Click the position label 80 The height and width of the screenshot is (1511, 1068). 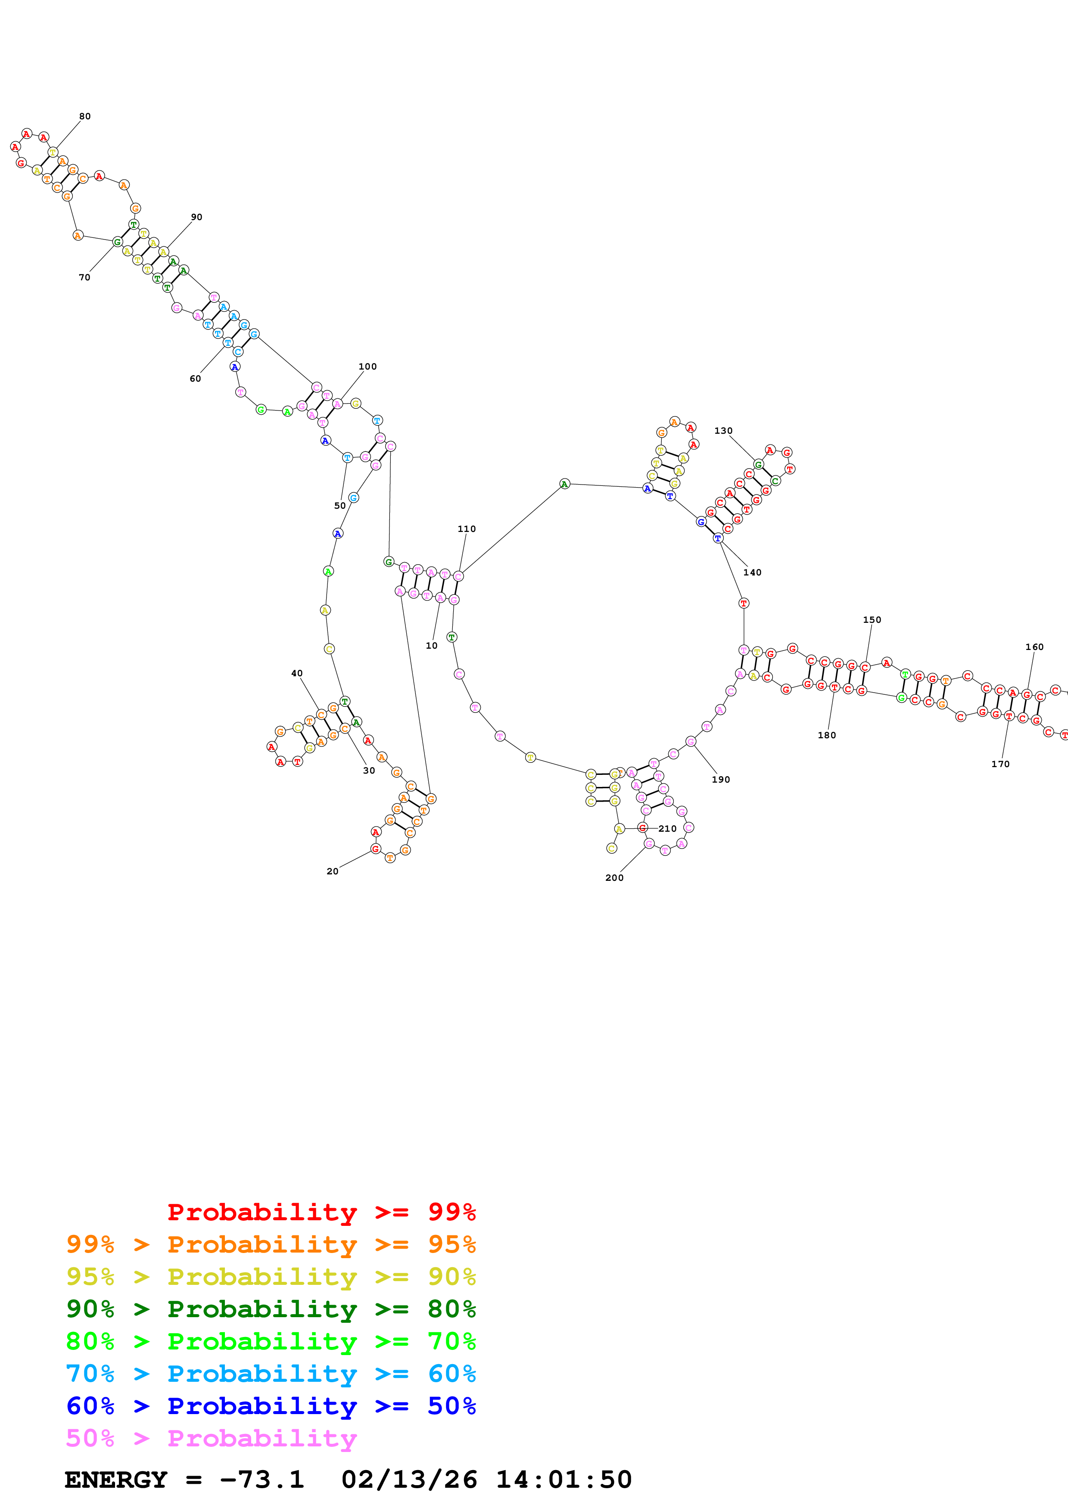point(85,116)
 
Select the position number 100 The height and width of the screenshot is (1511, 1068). point(367,367)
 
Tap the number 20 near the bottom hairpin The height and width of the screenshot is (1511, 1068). point(332,871)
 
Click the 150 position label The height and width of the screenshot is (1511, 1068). point(872,620)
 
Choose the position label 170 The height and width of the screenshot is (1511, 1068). point(1000,764)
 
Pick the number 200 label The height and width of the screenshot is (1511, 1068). point(614,878)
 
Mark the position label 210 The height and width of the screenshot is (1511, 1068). point(667,829)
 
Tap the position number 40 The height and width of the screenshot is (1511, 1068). point(297,673)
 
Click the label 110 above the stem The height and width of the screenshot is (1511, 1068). point(467,529)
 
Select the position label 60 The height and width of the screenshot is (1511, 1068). point(196,379)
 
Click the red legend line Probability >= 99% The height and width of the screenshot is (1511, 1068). point(321,1212)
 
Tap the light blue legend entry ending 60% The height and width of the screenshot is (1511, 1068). point(271,1374)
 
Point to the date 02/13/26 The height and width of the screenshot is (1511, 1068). point(409,1480)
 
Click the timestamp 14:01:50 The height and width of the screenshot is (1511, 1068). point(563,1480)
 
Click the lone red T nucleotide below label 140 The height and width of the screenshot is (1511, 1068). point(744,603)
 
